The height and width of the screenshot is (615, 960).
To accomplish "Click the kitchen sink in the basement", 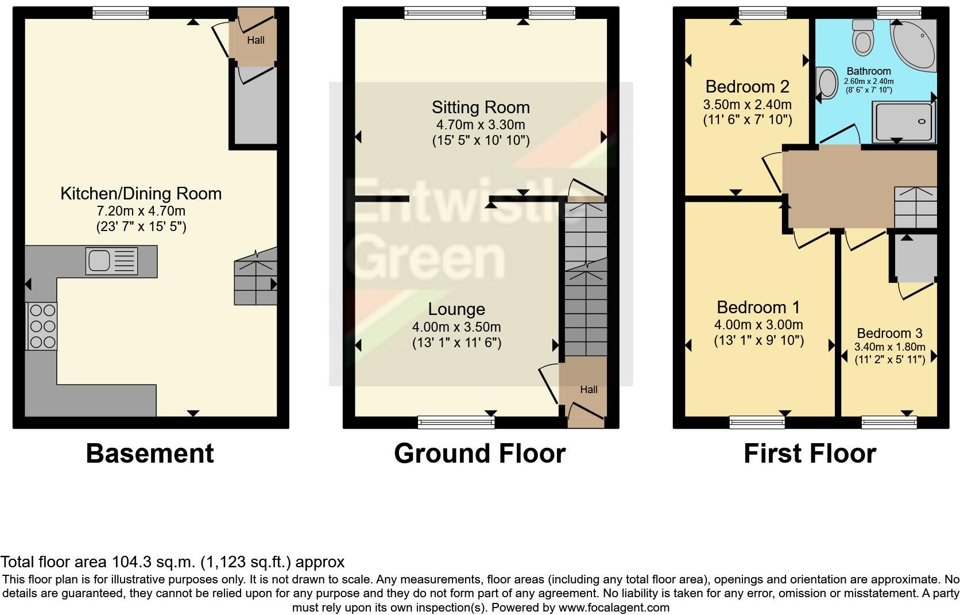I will pyautogui.click(x=111, y=261).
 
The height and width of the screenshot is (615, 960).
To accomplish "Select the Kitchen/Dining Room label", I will pyautogui.click(x=141, y=194).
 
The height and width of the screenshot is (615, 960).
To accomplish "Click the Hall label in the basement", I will pyautogui.click(x=256, y=40).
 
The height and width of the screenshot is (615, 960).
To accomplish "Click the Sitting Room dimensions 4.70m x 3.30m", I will pyautogui.click(x=480, y=125).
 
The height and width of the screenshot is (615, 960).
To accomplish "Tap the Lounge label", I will pyautogui.click(x=456, y=309).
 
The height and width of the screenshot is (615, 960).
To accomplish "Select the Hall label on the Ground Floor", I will pyautogui.click(x=589, y=390).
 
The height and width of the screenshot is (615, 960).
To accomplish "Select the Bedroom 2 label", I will pyautogui.click(x=747, y=87).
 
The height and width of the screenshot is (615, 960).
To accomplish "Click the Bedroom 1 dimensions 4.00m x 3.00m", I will pyautogui.click(x=758, y=325).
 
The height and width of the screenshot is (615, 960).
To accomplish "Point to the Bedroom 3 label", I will pyautogui.click(x=889, y=333).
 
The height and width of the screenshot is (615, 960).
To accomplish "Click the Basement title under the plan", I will pyautogui.click(x=150, y=453).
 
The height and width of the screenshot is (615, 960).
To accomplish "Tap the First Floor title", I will pyautogui.click(x=810, y=453).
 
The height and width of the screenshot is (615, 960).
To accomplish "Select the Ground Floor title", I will pyautogui.click(x=479, y=453).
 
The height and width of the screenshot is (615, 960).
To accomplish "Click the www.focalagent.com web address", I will pyautogui.click(x=613, y=608).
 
